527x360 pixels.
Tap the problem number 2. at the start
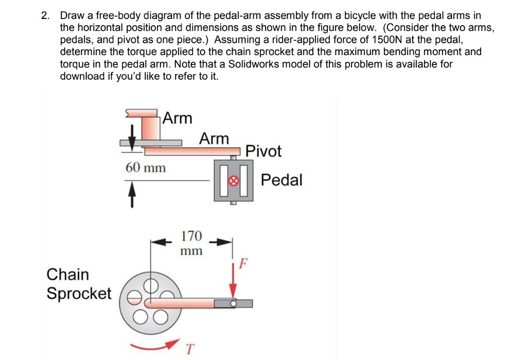coord(47,16)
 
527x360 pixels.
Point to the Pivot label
coord(263,151)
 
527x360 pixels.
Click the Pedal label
coord(282,181)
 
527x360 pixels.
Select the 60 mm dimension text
coord(146,168)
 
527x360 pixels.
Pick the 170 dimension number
coord(191,237)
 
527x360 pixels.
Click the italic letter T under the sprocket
coord(189,349)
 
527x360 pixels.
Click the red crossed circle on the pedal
coord(233,181)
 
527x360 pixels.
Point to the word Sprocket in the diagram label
coord(79,294)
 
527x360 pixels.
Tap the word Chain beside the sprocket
coord(67,275)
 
